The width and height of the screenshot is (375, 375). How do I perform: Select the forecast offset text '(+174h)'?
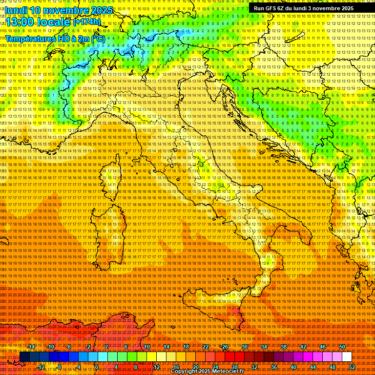(87, 22)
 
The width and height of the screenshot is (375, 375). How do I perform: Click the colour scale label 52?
(352, 367)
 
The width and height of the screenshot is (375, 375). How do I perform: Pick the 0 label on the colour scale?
(97, 367)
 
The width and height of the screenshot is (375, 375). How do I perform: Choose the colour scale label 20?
(195, 367)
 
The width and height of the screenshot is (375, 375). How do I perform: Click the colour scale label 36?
(273, 367)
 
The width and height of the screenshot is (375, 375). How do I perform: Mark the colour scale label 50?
(342, 347)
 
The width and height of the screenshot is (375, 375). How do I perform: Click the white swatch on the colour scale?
(347, 357)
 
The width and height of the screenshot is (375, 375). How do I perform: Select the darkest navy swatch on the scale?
(24, 357)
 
